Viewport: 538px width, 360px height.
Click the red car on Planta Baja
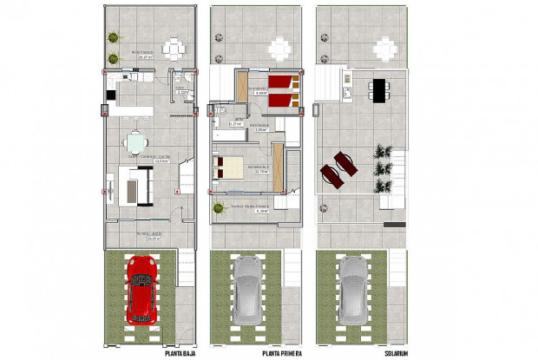coord(141,288)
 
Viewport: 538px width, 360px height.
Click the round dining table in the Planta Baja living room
coord(135,141)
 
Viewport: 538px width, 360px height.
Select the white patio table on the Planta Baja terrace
coord(176,47)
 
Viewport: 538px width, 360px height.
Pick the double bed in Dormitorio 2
coord(230,165)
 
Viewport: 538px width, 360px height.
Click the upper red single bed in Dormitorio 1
coord(283,83)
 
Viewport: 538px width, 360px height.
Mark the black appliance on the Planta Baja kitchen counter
coord(110,95)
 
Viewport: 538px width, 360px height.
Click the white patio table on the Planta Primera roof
coord(281,47)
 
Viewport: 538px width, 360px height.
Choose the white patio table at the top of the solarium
coord(388,47)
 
